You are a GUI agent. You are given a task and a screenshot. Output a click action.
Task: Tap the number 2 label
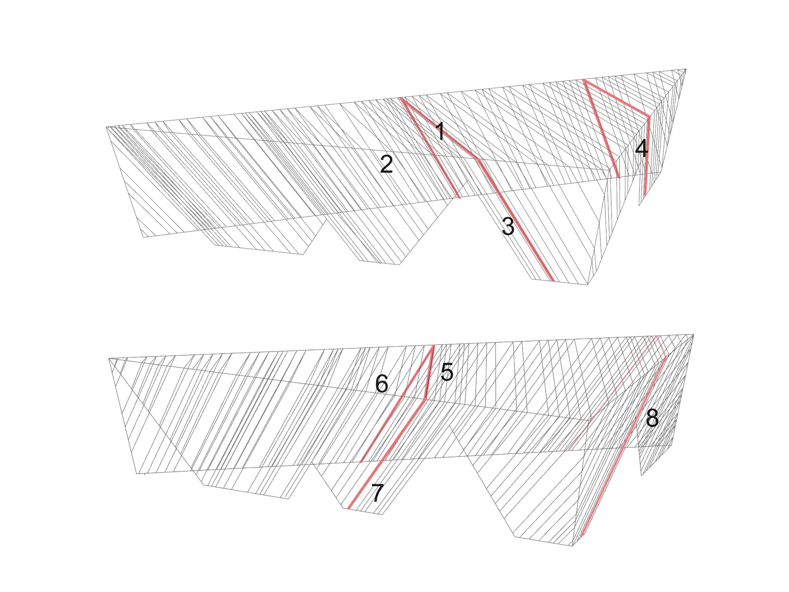387,164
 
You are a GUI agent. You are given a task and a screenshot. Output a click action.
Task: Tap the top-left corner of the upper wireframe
106,127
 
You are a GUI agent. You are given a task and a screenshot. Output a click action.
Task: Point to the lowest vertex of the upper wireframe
587,285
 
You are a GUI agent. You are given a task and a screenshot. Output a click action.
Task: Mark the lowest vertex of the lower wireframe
572,546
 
